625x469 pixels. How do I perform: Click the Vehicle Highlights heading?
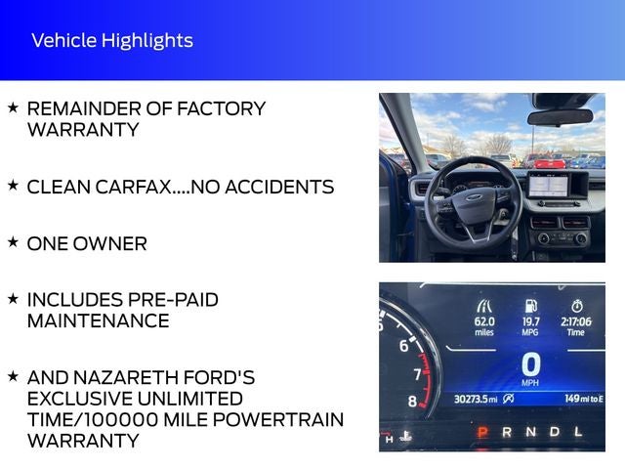[x=111, y=40]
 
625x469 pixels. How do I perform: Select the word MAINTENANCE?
[x=98, y=320]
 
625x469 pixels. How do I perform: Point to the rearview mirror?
[x=560, y=116]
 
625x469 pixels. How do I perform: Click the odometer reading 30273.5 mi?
[x=477, y=398]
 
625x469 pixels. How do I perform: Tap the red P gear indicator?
[x=481, y=431]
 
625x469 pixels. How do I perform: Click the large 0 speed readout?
[x=531, y=364]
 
